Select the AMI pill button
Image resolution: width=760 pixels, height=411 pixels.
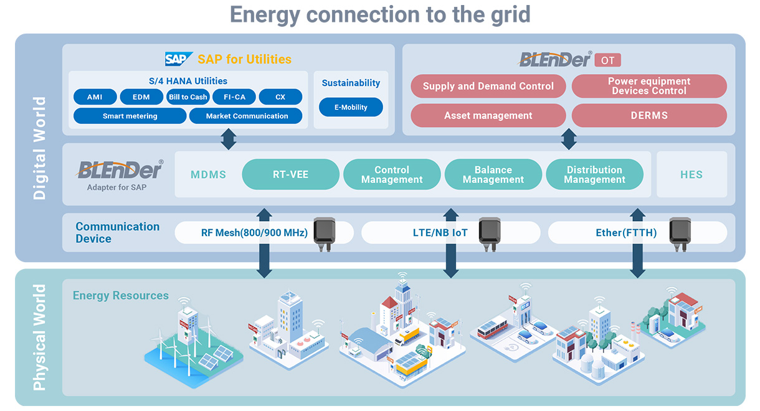pyautogui.click(x=95, y=97)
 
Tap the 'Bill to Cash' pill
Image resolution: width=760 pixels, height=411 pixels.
pyautogui.click(x=188, y=97)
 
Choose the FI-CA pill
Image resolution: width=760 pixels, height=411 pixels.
pyautogui.click(x=234, y=97)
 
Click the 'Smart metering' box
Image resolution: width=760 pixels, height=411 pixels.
pyautogui.click(x=130, y=116)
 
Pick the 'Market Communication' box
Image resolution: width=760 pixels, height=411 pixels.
pyautogui.click(x=247, y=116)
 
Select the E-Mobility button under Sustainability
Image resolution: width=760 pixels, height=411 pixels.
pyautogui.click(x=351, y=107)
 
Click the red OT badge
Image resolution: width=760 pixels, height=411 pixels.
pyautogui.click(x=607, y=60)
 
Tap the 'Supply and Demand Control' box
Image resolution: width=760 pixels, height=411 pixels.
pyautogui.click(x=488, y=87)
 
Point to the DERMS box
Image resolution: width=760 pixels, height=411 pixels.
pyautogui.click(x=648, y=115)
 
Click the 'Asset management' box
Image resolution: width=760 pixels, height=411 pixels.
pyautogui.click(x=488, y=115)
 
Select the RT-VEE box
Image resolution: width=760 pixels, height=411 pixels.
pyautogui.click(x=290, y=174)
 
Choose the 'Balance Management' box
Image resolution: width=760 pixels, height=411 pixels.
pyautogui.click(x=493, y=174)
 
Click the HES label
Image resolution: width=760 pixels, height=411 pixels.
pyautogui.click(x=691, y=174)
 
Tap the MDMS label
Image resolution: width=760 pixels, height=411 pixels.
pyautogui.click(x=208, y=174)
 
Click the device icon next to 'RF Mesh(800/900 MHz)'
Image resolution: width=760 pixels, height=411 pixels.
pyautogui.click(x=324, y=234)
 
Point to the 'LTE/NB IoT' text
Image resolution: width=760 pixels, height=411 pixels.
pyautogui.click(x=440, y=233)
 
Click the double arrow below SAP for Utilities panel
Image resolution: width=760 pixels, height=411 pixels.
pyautogui.click(x=229, y=139)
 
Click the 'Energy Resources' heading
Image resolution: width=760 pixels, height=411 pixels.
pyautogui.click(x=121, y=295)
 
